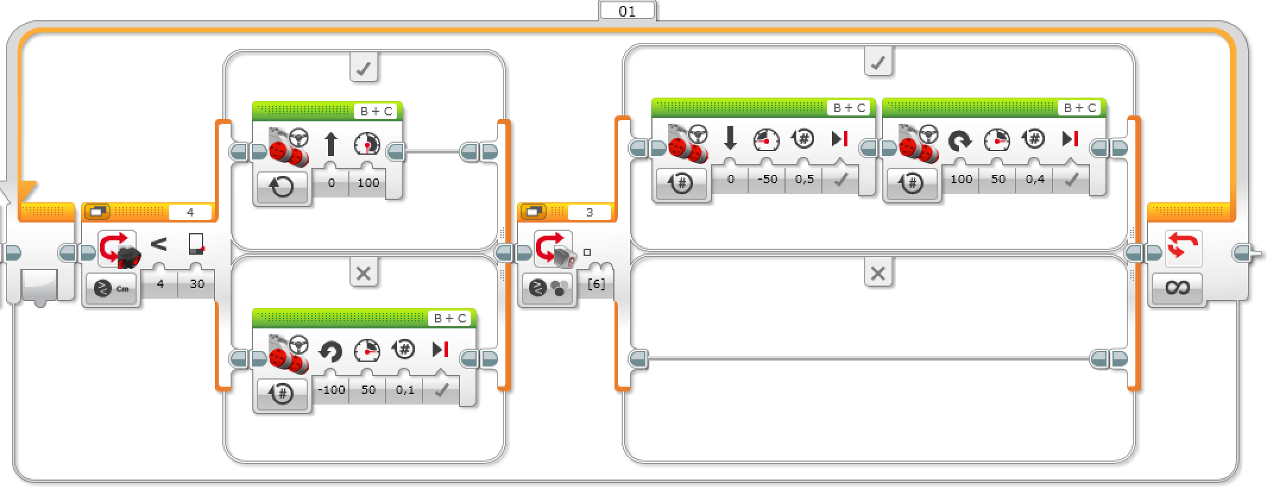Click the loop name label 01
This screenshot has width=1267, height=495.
click(627, 11)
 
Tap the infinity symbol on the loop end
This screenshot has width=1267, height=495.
click(1177, 287)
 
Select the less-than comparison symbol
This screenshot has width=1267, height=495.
click(158, 244)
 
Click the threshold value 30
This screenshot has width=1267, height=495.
click(197, 284)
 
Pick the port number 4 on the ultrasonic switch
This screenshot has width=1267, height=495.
click(190, 212)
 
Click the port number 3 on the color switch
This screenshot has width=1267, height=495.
click(589, 212)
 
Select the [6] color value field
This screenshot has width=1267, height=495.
click(596, 284)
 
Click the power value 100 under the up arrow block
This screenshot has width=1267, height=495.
click(368, 183)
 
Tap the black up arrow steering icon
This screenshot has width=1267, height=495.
click(331, 144)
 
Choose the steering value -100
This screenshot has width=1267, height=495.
click(331, 390)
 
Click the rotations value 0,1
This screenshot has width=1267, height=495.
click(405, 390)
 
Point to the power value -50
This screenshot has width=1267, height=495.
click(767, 179)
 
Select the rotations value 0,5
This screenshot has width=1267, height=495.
click(804, 179)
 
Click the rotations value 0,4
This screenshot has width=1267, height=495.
click(1035, 179)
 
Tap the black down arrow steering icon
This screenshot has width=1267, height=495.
click(730, 139)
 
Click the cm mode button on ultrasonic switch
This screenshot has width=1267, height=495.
click(112, 289)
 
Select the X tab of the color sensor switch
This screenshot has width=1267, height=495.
click(878, 274)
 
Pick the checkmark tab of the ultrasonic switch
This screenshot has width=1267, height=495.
click(363, 69)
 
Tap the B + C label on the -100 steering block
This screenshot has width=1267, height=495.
click(450, 318)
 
